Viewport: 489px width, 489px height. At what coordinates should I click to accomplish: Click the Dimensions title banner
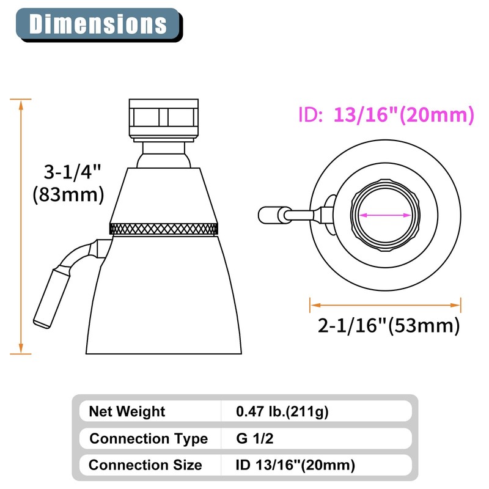[98, 24]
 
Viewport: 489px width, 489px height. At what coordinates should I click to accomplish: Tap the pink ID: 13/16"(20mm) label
[386, 114]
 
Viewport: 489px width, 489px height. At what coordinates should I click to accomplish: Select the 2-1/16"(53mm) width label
[388, 325]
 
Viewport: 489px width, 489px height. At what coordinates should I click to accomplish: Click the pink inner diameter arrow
[386, 215]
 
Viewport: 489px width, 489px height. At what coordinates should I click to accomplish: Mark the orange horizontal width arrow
[386, 304]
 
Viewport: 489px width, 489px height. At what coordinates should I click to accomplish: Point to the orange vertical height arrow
[21, 226]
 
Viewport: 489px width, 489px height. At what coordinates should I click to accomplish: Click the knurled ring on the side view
[164, 229]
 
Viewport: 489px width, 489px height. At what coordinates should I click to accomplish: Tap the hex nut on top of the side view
[164, 117]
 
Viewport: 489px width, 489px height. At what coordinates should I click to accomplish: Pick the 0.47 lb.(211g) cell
[282, 411]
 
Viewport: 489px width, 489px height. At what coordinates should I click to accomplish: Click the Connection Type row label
[149, 438]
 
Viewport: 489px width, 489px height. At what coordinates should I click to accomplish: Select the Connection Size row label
[145, 465]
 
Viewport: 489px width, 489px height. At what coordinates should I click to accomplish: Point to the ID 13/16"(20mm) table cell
[295, 465]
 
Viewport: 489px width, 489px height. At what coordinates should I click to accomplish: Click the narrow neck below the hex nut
[163, 153]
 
